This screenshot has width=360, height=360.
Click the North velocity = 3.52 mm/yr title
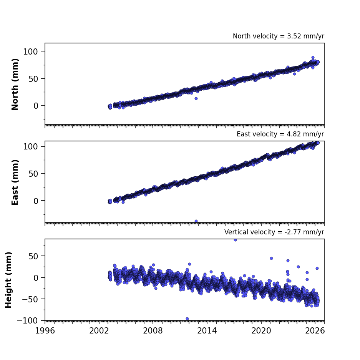tap(279, 36)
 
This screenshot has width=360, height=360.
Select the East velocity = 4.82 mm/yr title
tap(280, 134)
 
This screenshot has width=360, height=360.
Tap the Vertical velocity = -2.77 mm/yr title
tap(274, 232)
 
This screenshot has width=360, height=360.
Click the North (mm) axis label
tap(15, 84)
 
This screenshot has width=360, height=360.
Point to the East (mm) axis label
tap(15, 182)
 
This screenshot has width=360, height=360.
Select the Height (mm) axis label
tap(8, 280)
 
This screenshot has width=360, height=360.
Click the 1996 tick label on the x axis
tap(45, 331)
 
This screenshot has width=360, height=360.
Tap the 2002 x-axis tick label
tap(99, 331)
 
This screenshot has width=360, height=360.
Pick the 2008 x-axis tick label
tap(153, 331)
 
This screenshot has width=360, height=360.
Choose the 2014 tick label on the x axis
tap(207, 331)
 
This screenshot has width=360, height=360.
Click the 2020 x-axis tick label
tap(261, 331)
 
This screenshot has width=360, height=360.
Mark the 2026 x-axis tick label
tap(315, 331)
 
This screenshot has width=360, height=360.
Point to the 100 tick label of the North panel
tap(30, 51)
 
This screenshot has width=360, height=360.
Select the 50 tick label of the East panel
tap(33, 174)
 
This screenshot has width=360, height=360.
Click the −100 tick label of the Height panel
tap(27, 320)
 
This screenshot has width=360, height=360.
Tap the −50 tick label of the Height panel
tap(30, 299)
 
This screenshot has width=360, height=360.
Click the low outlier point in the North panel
tap(196, 98)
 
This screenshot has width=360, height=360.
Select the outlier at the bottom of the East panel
tap(196, 221)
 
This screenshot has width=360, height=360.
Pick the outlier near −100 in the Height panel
tap(187, 319)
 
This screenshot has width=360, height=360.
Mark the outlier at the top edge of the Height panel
tap(235, 240)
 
